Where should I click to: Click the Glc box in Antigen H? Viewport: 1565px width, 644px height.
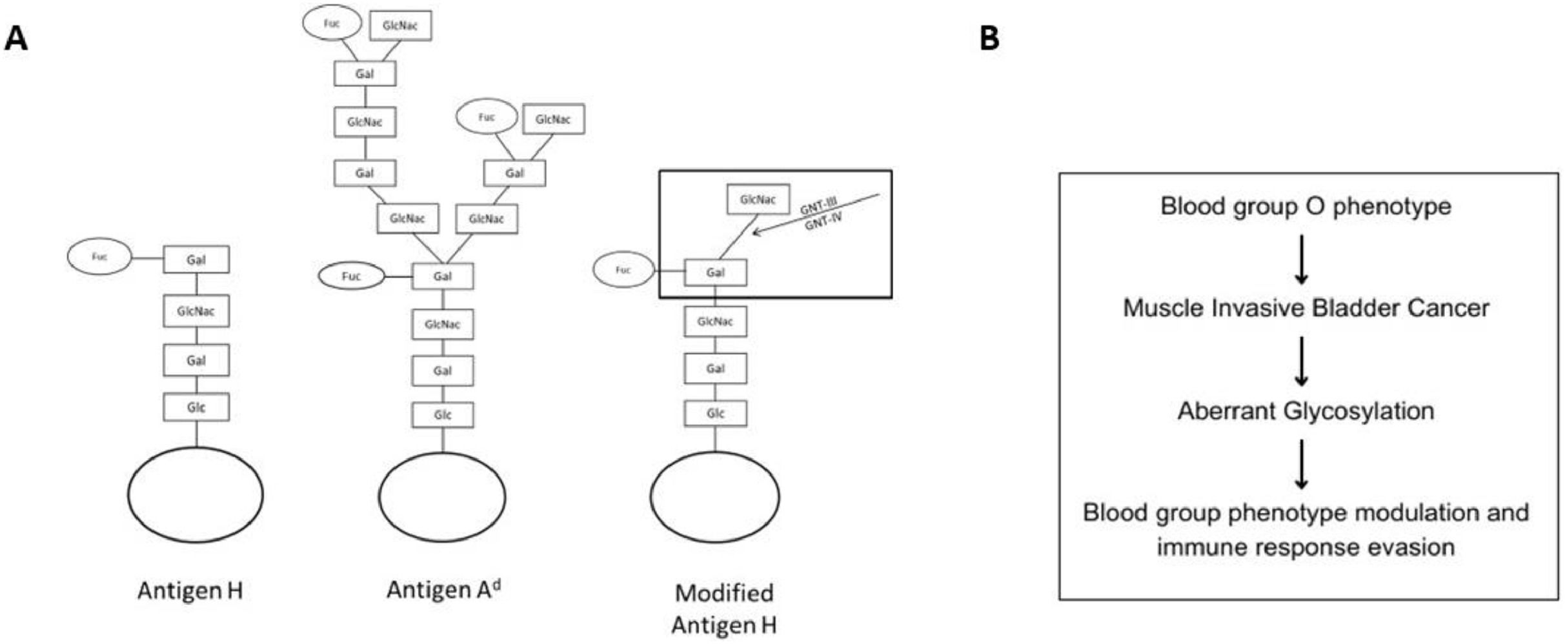tap(196, 407)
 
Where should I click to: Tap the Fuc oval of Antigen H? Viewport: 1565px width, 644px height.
tap(99, 257)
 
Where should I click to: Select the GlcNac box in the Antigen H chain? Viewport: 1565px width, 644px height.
tap(196, 311)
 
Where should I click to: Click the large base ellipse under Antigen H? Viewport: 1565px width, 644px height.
tap(196, 495)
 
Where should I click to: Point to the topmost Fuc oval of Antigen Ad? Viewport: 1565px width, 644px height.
tap(332, 23)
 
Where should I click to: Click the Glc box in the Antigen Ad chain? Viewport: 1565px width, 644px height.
tap(443, 415)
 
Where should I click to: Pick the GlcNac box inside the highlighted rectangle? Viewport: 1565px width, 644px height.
tap(758, 199)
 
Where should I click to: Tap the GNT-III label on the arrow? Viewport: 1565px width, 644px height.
tap(818, 206)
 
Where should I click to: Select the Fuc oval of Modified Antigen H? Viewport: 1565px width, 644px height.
tap(623, 270)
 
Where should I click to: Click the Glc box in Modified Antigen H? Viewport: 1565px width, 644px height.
tap(716, 413)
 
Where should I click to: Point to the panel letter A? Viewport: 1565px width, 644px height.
tap(16, 38)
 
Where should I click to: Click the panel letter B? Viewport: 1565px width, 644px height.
tap(989, 38)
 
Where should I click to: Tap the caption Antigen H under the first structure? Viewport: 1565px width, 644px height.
tap(190, 590)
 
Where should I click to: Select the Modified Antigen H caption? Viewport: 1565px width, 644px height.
tap(724, 609)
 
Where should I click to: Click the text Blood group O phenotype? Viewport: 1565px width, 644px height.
tap(1306, 206)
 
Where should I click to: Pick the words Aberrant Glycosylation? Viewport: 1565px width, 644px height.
tap(1306, 411)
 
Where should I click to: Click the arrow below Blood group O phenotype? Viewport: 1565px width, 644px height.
tap(1302, 259)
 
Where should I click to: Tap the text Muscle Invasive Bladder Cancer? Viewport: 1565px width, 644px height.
tap(1306, 308)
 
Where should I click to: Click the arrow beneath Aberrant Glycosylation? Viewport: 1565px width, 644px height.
tap(1302, 464)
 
